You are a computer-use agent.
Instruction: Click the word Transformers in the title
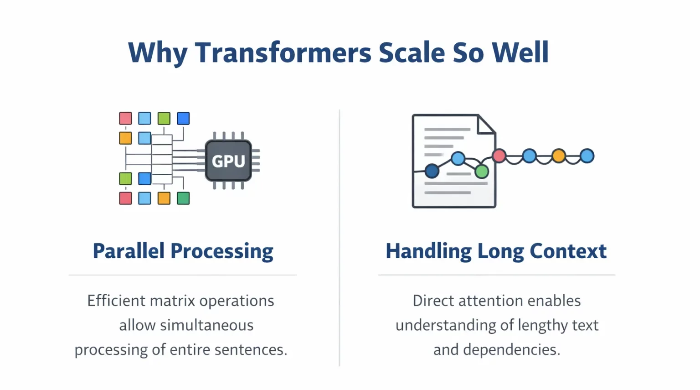point(283,52)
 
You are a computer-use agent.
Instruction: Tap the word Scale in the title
point(412,52)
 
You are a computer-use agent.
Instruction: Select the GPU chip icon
point(228,161)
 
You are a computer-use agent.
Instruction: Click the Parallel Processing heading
point(183,251)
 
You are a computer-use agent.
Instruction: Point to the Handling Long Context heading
point(496,251)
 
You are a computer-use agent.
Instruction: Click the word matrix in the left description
point(173,301)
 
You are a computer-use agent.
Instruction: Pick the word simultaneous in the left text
point(206,325)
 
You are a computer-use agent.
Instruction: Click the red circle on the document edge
point(499,156)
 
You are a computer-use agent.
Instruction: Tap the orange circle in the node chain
point(558,156)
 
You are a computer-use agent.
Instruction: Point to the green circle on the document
point(482,172)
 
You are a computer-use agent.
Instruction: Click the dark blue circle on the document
point(432,171)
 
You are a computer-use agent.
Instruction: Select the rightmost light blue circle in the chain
point(587,156)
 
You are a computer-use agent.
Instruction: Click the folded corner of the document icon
point(486,125)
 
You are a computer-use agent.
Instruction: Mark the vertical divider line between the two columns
point(340,238)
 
